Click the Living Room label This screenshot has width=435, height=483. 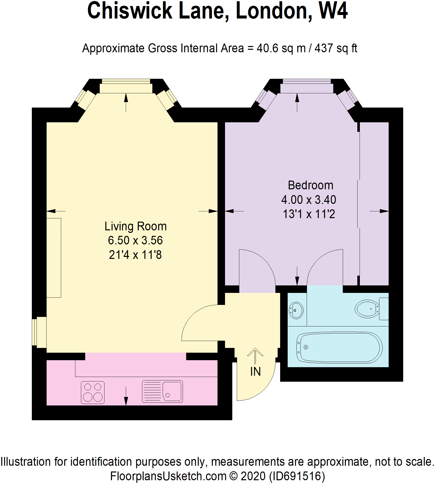[x=136, y=226]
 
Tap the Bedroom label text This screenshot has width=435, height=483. [x=310, y=185]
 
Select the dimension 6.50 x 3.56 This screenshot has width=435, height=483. [x=135, y=240]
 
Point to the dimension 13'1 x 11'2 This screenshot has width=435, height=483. [x=309, y=214]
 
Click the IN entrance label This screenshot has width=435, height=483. [x=255, y=371]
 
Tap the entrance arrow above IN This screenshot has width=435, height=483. [x=255, y=355]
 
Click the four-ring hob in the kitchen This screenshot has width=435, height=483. [x=92, y=392]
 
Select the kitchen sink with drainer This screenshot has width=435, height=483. [x=162, y=391]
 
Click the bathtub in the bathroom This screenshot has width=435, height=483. [x=340, y=347]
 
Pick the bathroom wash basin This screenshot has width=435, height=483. [x=296, y=310]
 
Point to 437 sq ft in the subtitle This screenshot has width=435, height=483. [x=336, y=48]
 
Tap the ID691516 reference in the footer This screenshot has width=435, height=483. [x=297, y=476]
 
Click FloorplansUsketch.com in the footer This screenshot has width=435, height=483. [x=168, y=476]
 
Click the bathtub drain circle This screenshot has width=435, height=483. [x=306, y=347]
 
